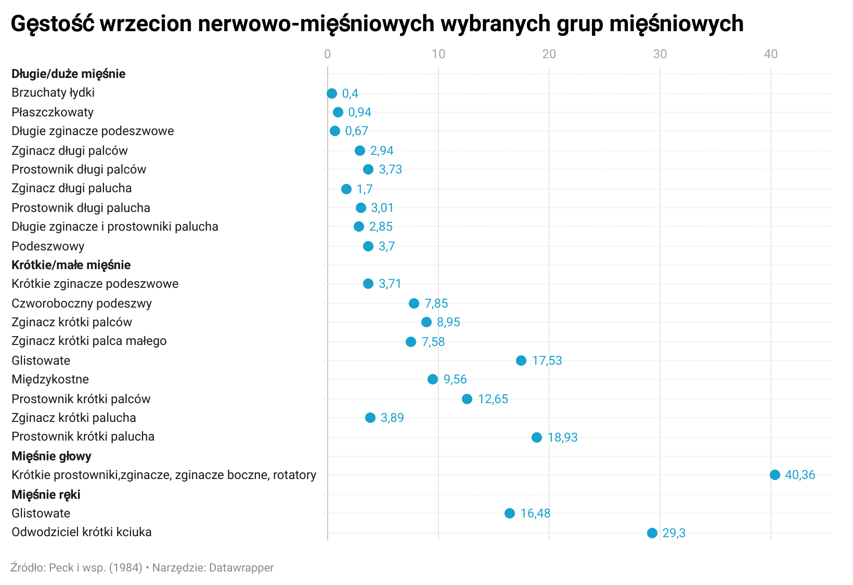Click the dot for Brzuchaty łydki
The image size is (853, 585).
(x=332, y=94)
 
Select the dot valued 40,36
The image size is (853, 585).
(x=774, y=475)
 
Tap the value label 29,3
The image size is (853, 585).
(x=674, y=533)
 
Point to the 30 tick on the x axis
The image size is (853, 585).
(x=660, y=54)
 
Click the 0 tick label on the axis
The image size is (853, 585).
(x=327, y=54)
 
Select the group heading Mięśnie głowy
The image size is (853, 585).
(x=51, y=456)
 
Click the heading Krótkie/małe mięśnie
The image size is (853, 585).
(x=71, y=265)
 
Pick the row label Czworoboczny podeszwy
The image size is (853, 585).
(x=82, y=303)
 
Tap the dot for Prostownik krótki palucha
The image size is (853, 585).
(x=537, y=437)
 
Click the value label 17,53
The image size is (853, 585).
(x=547, y=361)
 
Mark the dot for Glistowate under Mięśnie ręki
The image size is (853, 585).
(x=510, y=513)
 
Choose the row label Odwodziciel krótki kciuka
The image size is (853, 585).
(x=82, y=532)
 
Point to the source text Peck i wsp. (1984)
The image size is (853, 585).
(x=95, y=567)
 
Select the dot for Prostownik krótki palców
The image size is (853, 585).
(x=467, y=399)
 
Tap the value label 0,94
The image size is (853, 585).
(x=359, y=112)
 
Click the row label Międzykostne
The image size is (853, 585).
(x=50, y=379)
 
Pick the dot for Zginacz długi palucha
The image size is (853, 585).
(x=346, y=189)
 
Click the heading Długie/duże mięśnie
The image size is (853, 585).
(x=68, y=74)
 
